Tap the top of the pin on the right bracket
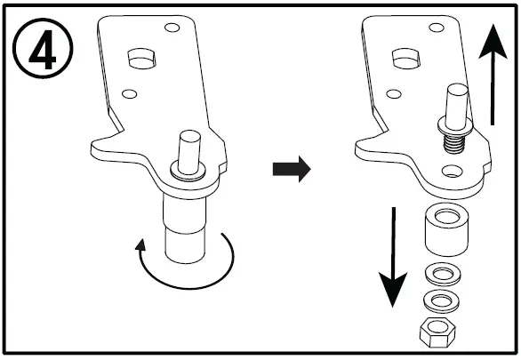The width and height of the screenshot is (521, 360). [x=455, y=91]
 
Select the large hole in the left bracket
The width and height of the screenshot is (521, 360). [x=140, y=59]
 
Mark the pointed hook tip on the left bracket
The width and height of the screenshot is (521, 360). [x=91, y=144]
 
